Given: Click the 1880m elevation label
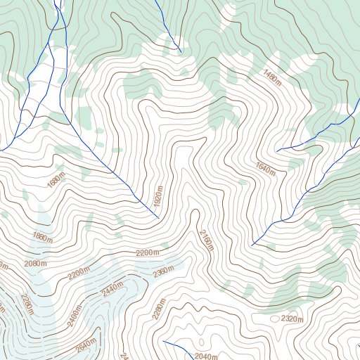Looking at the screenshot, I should point(42,238).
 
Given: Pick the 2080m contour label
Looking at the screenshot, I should point(35,263).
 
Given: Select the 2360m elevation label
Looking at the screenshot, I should point(163,271).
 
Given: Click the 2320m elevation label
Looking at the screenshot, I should point(292,319).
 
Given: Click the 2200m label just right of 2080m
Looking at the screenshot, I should point(79,271).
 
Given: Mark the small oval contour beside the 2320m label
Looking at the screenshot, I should point(274,319).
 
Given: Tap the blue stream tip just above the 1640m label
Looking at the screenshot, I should point(278,150).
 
